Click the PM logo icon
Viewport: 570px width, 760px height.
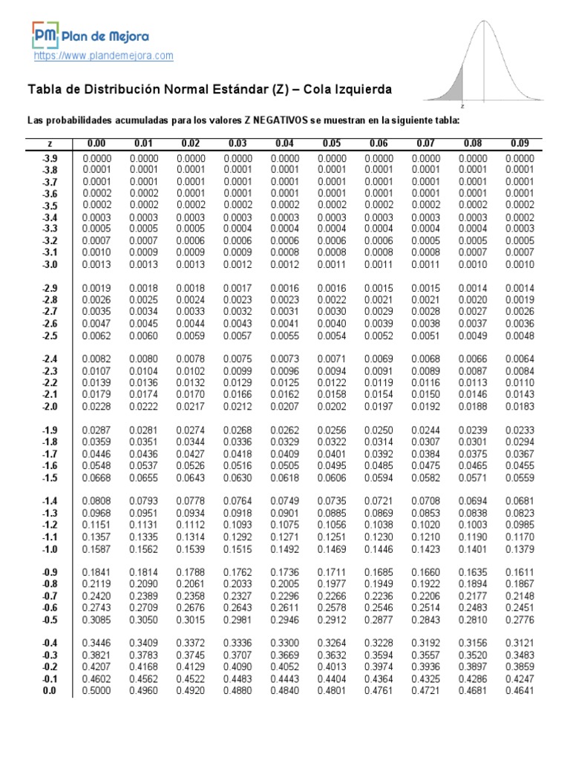(x=45, y=35)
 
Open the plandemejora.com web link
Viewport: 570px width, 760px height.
(x=104, y=56)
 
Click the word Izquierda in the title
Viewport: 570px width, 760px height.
(x=354, y=90)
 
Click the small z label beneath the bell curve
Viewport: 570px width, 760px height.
(x=462, y=106)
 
